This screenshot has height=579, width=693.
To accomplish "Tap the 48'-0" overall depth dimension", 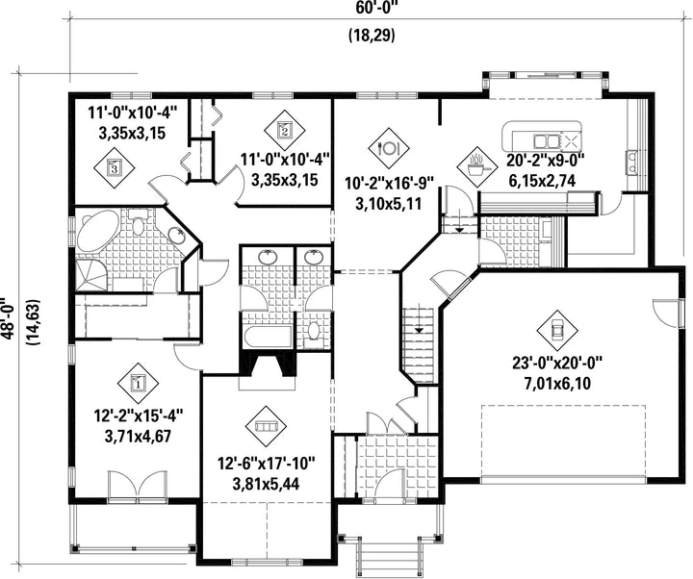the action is click(x=9, y=316).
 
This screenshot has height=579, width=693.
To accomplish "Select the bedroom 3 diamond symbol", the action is click(x=114, y=167).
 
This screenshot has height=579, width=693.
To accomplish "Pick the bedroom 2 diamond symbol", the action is click(x=285, y=130).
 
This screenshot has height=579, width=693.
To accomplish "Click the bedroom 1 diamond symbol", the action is click(x=139, y=383).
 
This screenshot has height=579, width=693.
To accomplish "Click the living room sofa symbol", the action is click(x=266, y=427).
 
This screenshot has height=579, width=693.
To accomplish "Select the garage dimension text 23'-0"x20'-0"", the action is click(x=557, y=363).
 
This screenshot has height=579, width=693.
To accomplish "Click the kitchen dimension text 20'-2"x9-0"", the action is click(x=546, y=161).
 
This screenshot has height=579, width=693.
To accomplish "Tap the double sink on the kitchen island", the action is click(x=547, y=141).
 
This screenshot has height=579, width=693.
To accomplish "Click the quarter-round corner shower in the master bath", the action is click(x=91, y=275).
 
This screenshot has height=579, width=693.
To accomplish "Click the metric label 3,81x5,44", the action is click(x=266, y=485).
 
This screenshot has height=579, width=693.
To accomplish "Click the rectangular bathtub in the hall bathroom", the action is click(x=267, y=337).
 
